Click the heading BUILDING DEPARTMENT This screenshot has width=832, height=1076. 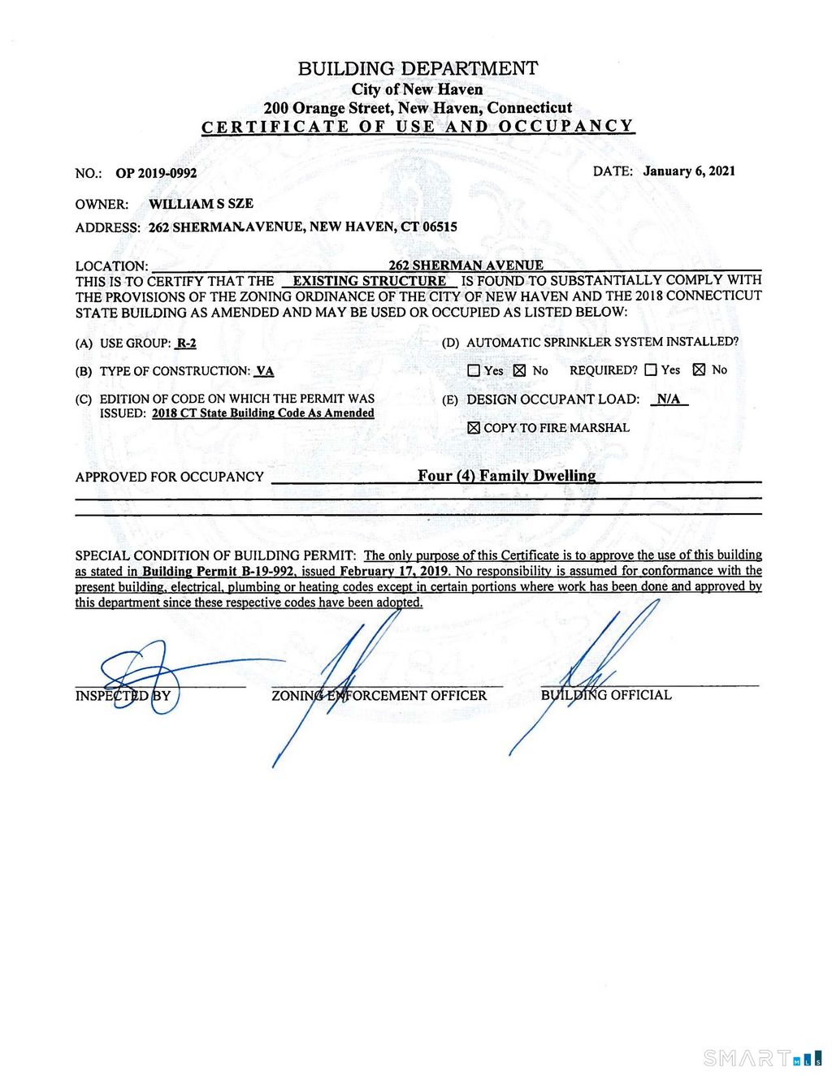[x=418, y=69]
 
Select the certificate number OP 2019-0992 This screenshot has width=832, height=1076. [x=156, y=173]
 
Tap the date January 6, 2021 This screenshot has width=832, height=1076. [x=689, y=171]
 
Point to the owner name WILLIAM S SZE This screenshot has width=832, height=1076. [x=201, y=204]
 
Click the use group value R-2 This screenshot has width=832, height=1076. [x=186, y=344]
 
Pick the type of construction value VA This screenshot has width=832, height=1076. [x=264, y=371]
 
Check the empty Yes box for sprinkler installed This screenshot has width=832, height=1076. [x=474, y=370]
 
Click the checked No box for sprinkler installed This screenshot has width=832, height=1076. [x=520, y=370]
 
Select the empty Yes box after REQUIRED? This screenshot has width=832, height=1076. [x=650, y=369]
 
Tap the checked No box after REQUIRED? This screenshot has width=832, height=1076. [x=699, y=369]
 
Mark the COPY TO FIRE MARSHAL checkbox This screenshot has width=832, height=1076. [x=474, y=428]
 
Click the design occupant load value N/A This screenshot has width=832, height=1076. [x=669, y=399]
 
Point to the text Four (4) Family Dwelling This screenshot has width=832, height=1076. [x=506, y=476]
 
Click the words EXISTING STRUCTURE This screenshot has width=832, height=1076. [x=369, y=281]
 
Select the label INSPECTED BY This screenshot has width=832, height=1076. [x=123, y=696]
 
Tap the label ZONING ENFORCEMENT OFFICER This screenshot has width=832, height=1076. [x=379, y=696]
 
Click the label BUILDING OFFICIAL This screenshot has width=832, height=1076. [x=606, y=695]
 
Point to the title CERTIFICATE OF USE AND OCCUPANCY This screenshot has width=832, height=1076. [x=418, y=127]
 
